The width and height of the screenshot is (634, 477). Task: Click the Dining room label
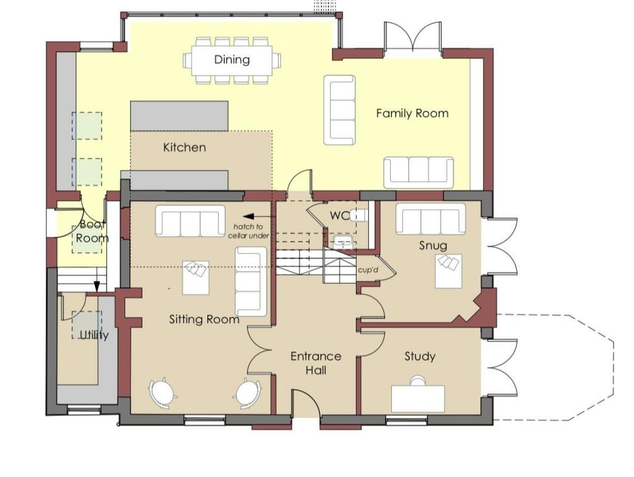click(x=232, y=59)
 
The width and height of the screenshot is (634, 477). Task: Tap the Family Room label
click(x=412, y=113)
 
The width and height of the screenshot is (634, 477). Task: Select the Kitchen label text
click(x=185, y=147)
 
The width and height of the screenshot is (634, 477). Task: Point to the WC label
click(x=339, y=216)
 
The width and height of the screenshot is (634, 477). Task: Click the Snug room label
click(x=433, y=246)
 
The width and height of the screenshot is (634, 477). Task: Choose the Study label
click(x=420, y=356)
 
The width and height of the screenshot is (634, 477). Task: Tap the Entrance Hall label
click(x=316, y=363)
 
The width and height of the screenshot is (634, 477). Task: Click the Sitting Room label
click(x=204, y=320)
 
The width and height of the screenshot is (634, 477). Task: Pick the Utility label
click(x=94, y=335)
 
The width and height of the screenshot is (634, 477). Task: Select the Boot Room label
click(x=92, y=231)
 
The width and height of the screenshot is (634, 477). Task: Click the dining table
click(x=232, y=60)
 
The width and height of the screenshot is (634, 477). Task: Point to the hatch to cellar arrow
click(x=251, y=217)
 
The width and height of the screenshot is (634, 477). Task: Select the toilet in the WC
click(x=358, y=215)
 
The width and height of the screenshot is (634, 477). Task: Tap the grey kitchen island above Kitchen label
click(x=179, y=116)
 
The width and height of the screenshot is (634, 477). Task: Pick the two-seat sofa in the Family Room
click(x=340, y=110)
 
